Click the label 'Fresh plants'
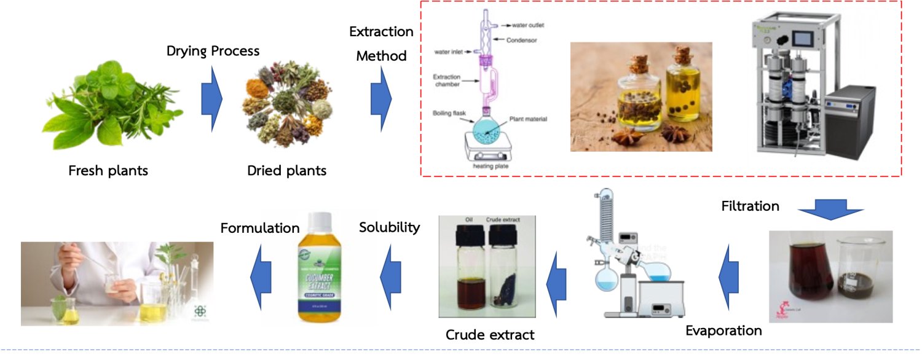[108, 170]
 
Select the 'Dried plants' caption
[286, 170]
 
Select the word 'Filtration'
[750, 206]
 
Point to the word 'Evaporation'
[723, 331]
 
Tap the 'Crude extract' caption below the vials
[490, 335]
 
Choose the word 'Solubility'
[389, 227]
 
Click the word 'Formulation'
[259, 228]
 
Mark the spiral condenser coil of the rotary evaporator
[605, 215]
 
